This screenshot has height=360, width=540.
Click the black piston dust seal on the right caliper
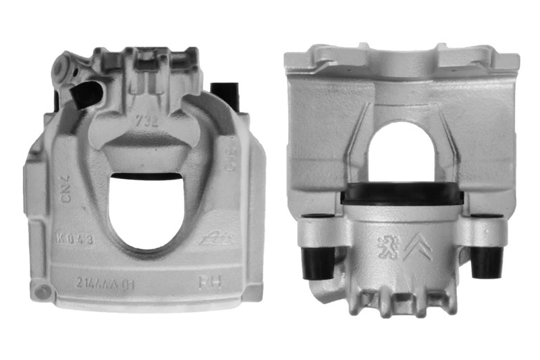pyautogui.click(x=402, y=195)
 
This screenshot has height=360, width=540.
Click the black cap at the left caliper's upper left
pyautogui.click(x=86, y=95)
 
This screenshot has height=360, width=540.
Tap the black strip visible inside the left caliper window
pyautogui.click(x=143, y=177)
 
